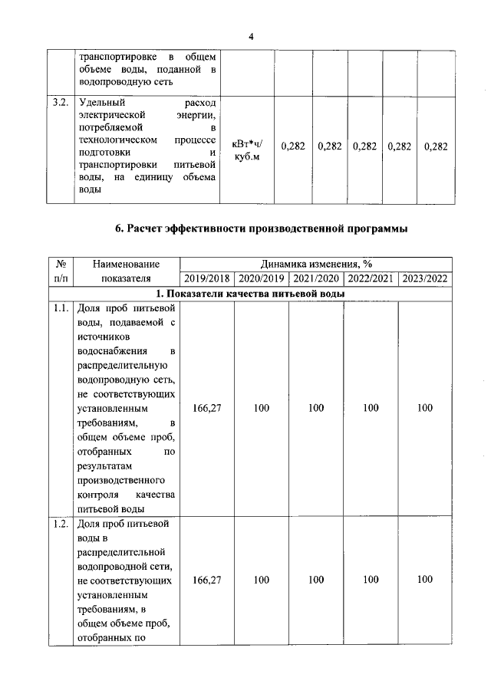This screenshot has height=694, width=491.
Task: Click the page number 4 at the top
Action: [250, 36]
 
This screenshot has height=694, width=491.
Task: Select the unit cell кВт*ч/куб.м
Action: [247, 146]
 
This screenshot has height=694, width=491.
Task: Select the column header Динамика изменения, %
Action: [315, 264]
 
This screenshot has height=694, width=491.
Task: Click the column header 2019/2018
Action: [207, 278]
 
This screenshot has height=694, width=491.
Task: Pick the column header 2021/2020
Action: [316, 278]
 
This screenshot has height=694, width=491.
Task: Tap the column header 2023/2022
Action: [425, 278]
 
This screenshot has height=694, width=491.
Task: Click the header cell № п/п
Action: [61, 271]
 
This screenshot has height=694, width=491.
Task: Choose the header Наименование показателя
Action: [126, 271]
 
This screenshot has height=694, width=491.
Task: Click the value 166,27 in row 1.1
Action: [207, 408]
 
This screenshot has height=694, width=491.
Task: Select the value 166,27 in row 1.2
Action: [207, 581]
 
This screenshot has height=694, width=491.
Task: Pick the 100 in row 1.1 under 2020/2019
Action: [262, 408]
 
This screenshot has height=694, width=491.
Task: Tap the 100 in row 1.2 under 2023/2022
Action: [425, 581]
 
